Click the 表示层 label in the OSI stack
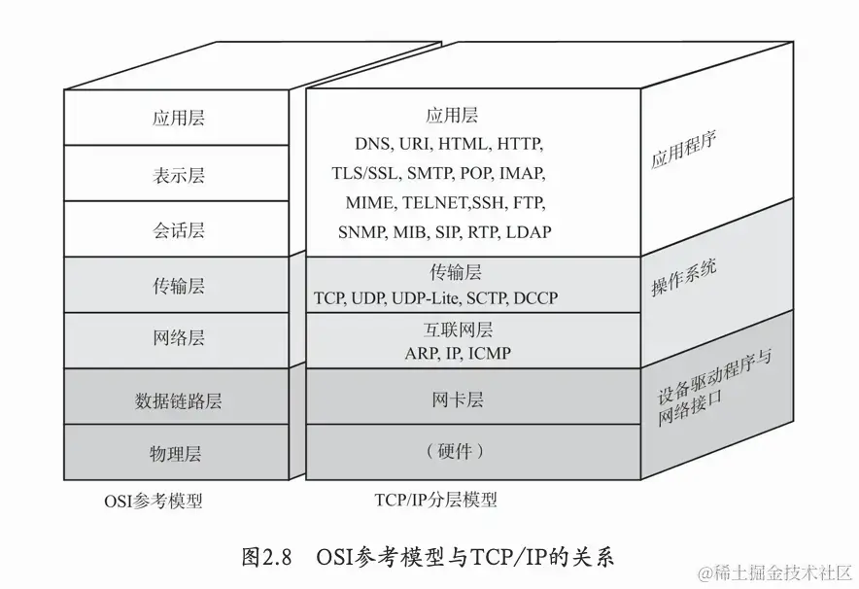pyautogui.click(x=179, y=175)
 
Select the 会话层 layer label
pyautogui.click(x=179, y=230)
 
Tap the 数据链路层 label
pyautogui.click(x=179, y=399)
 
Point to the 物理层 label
pyautogui.click(x=179, y=453)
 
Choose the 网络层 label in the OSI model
pyautogui.click(x=179, y=338)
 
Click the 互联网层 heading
pyautogui.click(x=457, y=329)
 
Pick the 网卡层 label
pyautogui.click(x=457, y=399)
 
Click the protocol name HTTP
pyautogui.click(x=519, y=144)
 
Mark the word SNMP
pyautogui.click(x=361, y=232)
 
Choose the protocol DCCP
pyautogui.click(x=535, y=297)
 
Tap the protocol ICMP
pyautogui.click(x=489, y=353)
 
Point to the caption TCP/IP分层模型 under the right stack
pyautogui.click(x=435, y=501)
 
